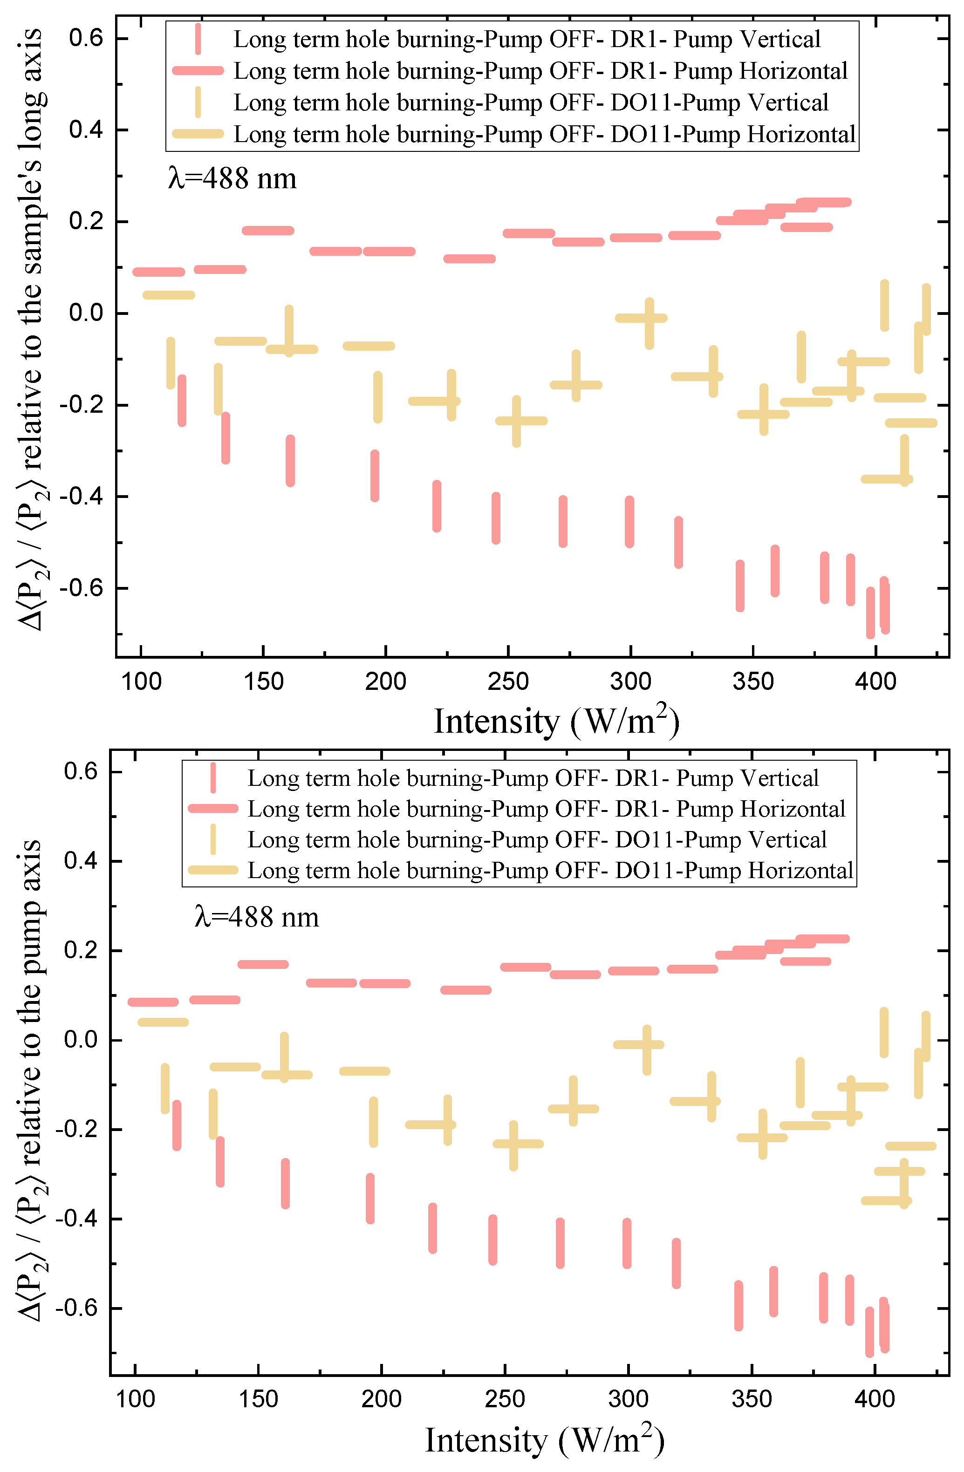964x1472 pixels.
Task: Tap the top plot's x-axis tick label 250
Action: tap(507, 681)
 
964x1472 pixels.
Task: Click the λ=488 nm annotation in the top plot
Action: tap(232, 179)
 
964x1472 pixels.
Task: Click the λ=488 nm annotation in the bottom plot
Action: tap(256, 917)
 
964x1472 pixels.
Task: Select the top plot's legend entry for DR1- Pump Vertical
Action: tap(526, 40)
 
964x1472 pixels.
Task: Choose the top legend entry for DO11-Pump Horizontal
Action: tap(543, 134)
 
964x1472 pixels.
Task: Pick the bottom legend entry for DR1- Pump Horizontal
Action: tap(546, 809)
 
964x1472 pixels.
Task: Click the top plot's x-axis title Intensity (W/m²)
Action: tap(556, 721)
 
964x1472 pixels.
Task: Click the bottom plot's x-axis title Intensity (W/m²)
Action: tap(545, 1440)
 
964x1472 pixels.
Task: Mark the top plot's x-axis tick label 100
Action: tap(141, 681)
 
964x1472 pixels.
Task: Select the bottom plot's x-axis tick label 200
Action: tap(381, 1399)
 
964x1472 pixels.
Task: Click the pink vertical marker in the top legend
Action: tap(198, 40)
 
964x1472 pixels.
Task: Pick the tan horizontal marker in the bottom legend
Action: tap(213, 870)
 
